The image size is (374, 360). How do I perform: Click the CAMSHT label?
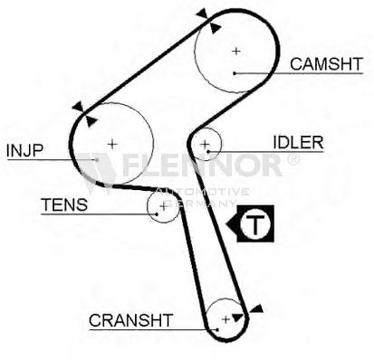click(326, 64)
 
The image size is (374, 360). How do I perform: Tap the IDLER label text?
click(298, 142)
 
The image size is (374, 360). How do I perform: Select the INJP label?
click(24, 150)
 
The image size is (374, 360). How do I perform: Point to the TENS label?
click(64, 204)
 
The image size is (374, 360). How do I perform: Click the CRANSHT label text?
click(130, 320)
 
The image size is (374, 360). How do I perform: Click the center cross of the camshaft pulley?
click(236, 51)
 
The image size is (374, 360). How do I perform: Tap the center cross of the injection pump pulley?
click(112, 144)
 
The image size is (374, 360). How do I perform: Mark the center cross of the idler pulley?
click(205, 144)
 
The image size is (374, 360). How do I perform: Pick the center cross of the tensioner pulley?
click(163, 207)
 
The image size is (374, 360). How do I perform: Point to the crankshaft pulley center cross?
click(225, 319)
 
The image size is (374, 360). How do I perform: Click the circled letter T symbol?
click(255, 223)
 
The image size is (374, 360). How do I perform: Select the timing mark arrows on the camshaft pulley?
click(208, 21)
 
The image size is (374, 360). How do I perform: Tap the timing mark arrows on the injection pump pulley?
click(85, 114)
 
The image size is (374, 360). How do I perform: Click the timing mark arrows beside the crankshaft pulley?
click(247, 313)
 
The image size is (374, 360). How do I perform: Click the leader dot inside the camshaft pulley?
click(235, 73)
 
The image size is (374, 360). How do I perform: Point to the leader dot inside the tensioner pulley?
click(157, 214)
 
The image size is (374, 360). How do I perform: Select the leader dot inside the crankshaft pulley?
click(217, 329)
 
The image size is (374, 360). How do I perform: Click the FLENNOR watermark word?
click(203, 165)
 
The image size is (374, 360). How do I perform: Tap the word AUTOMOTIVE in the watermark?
click(203, 192)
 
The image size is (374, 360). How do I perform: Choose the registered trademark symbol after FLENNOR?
click(292, 159)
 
